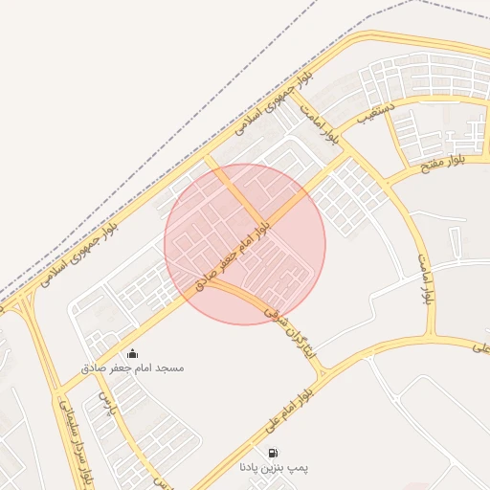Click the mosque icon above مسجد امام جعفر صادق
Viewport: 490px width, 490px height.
pos(132,353)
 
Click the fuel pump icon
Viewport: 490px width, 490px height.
pos(274,453)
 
